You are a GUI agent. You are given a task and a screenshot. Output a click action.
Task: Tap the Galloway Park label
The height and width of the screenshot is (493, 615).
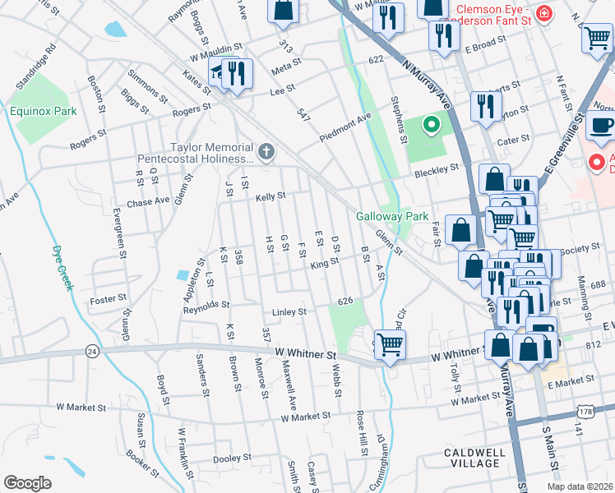click(x=381, y=217)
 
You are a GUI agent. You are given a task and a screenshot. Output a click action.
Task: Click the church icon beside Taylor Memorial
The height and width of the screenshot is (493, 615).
click(x=265, y=151)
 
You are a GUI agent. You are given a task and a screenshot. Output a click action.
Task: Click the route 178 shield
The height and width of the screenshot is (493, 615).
click(x=562, y=410)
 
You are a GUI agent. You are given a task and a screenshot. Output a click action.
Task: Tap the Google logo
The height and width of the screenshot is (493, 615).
click(x=28, y=482)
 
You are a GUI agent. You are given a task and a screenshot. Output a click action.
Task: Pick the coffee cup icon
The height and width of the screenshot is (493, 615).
click(x=602, y=125)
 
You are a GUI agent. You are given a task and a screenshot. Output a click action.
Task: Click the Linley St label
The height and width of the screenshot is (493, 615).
click(x=289, y=312)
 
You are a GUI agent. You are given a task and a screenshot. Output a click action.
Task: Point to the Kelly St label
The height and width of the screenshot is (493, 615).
click(x=270, y=196)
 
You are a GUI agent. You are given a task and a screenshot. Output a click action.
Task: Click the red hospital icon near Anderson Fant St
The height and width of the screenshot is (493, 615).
click(x=543, y=13)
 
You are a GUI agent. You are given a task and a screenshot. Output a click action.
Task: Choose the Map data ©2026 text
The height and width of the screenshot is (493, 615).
click(x=579, y=486)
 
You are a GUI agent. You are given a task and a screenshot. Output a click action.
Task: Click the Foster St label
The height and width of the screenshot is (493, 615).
click(x=108, y=298)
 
